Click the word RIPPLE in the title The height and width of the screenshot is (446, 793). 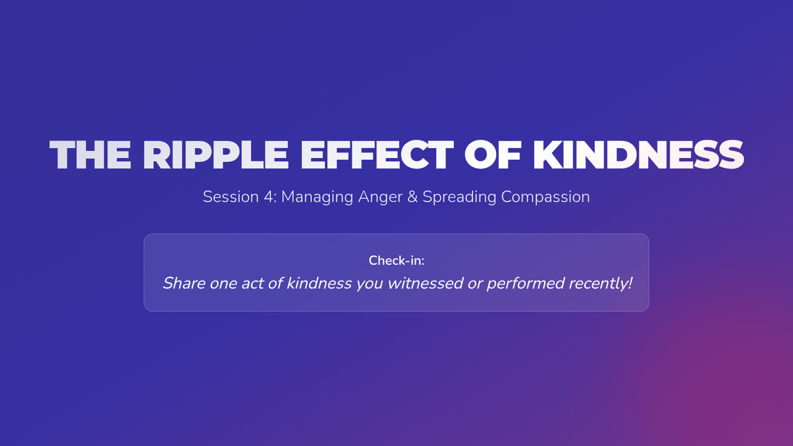point(215,155)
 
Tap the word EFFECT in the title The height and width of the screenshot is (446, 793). point(377,155)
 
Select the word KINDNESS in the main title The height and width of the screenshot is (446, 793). point(638,155)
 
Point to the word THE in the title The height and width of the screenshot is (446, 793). point(91,155)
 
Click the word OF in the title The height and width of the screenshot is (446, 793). point(493,155)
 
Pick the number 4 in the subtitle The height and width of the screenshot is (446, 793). point(269,197)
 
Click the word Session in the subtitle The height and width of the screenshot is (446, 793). point(231,197)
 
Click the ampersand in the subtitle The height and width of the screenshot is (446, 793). point(412,197)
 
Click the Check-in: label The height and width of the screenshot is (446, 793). point(397,260)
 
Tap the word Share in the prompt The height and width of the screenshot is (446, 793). point(184,283)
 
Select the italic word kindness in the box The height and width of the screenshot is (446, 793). point(319,283)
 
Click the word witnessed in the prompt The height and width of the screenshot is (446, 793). point(426,283)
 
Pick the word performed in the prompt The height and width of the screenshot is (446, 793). point(525,284)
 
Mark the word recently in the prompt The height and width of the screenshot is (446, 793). point(597,284)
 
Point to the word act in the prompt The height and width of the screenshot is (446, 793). point(252,284)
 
